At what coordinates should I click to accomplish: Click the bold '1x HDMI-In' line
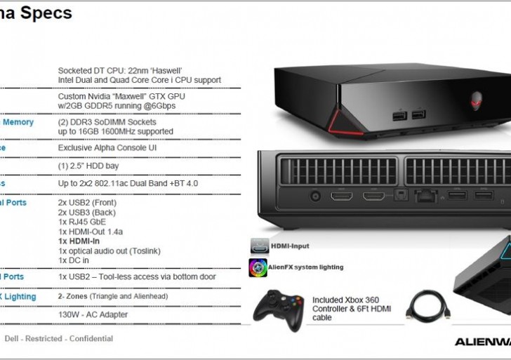coord(79,241)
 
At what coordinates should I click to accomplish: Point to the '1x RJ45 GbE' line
coord(83,222)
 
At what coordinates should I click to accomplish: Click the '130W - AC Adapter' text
coord(93,314)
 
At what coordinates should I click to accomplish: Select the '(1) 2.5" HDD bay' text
coord(88,166)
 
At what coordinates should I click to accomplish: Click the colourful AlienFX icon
coord(258,267)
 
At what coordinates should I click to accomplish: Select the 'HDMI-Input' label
coord(290,246)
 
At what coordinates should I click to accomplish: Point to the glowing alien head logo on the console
coord(477,97)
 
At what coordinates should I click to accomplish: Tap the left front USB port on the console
coord(400,115)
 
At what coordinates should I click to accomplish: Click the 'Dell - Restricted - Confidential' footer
coord(59,338)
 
